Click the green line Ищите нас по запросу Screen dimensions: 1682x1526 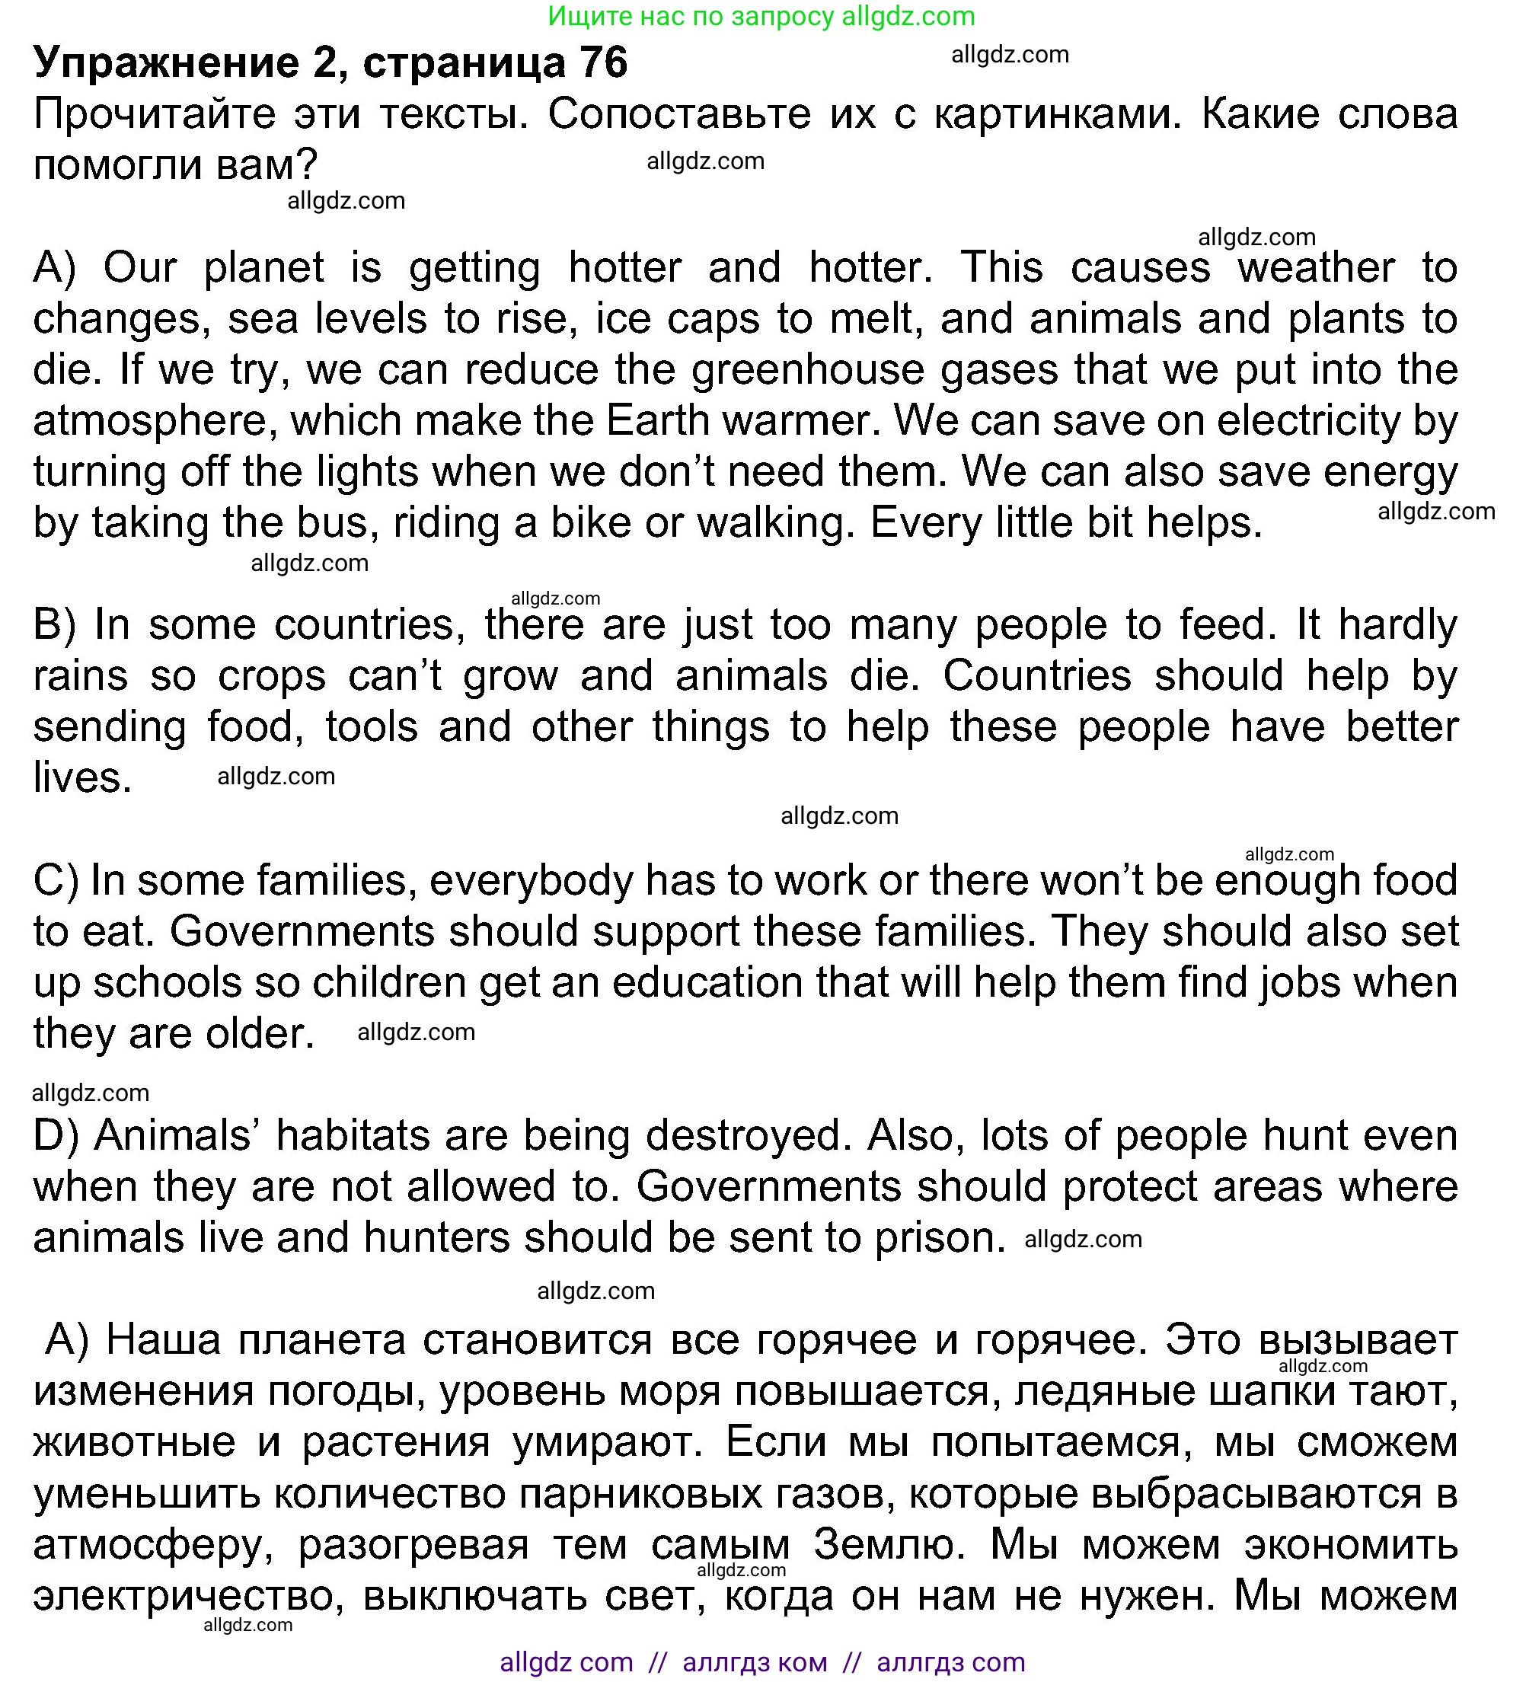click(x=761, y=16)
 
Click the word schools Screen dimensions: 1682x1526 click(x=167, y=983)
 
